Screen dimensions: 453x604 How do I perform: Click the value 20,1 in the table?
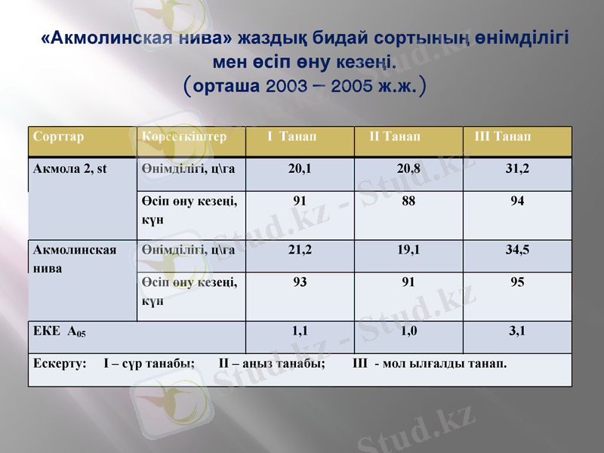click(299, 168)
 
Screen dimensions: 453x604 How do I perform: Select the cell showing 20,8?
click(408, 168)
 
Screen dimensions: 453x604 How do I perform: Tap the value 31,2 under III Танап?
click(517, 168)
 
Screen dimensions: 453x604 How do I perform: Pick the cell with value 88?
click(408, 202)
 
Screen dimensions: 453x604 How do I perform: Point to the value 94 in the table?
click(517, 202)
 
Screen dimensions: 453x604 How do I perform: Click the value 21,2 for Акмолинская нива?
click(299, 250)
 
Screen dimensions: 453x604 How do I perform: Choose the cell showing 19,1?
click(408, 250)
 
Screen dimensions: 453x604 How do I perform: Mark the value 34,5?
click(517, 250)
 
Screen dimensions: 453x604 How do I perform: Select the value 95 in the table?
click(517, 282)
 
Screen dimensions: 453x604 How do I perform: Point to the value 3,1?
click(517, 330)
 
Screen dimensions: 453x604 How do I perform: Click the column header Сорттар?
click(58, 137)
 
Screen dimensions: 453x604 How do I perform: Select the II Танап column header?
click(395, 137)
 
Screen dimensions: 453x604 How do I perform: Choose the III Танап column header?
click(502, 137)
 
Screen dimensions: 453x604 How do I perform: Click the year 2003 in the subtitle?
click(285, 86)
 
